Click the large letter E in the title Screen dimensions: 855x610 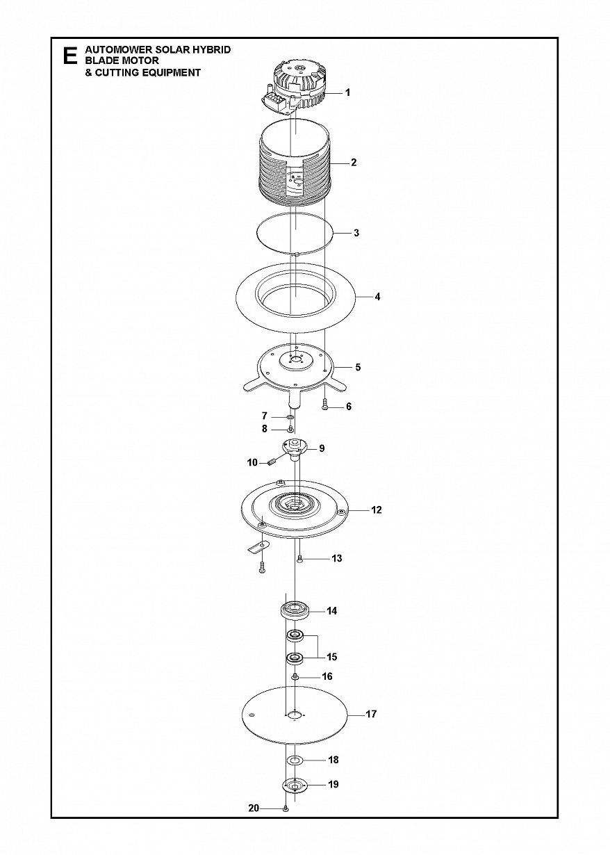(69, 56)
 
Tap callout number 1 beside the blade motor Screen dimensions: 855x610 (347, 92)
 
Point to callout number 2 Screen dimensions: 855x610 (354, 163)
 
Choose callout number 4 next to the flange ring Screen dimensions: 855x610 (377, 297)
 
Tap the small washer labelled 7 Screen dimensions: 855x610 (290, 417)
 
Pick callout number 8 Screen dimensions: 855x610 (265, 429)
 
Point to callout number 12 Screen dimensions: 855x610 (376, 510)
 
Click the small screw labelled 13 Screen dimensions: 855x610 (299, 558)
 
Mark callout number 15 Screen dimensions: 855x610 (332, 657)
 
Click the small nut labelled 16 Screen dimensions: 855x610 (295, 676)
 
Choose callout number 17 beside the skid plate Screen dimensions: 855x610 (371, 715)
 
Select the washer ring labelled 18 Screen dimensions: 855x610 (295, 760)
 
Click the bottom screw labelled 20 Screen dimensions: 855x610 (286, 809)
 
